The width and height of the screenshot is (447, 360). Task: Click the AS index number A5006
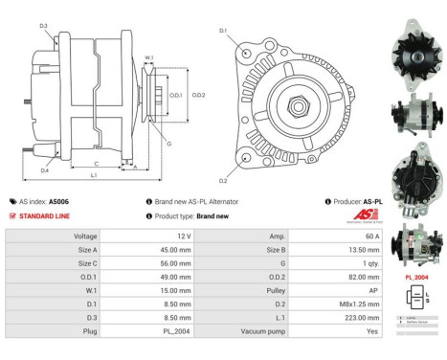coord(59,202)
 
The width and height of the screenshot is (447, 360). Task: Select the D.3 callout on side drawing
coord(44,25)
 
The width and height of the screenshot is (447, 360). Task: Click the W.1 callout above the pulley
coord(148,58)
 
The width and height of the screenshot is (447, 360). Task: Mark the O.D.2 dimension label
coord(198,95)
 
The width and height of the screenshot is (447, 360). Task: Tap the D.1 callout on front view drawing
coord(221,32)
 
